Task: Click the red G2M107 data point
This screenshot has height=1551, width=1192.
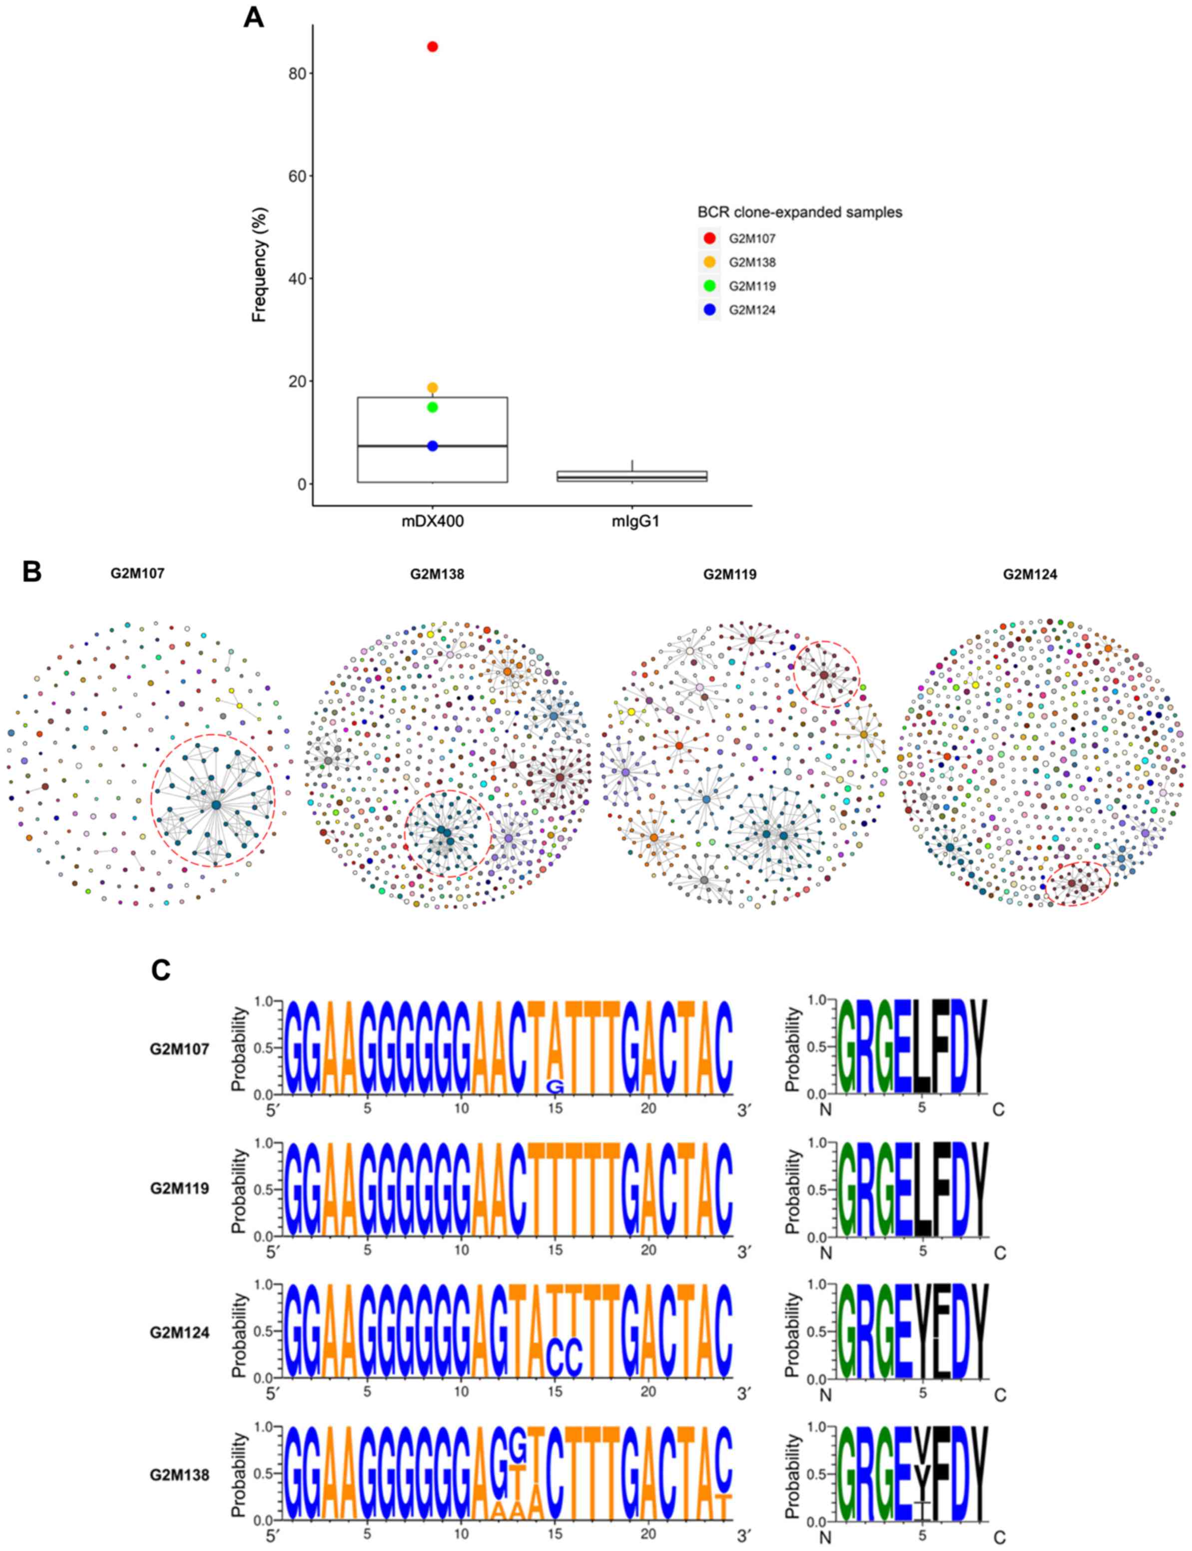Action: tap(432, 47)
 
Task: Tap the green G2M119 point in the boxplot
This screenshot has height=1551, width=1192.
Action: tap(432, 407)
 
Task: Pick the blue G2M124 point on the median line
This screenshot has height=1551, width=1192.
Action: tap(432, 446)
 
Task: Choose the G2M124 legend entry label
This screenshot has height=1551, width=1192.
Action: tap(752, 310)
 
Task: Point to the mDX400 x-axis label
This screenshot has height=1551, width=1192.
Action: tap(433, 522)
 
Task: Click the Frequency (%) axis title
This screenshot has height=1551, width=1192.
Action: tap(260, 265)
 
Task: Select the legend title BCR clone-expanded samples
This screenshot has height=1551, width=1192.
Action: tap(800, 213)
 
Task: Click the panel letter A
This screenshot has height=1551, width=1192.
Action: tap(253, 17)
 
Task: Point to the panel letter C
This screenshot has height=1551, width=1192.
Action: tap(161, 970)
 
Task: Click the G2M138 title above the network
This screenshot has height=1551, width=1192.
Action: tap(437, 574)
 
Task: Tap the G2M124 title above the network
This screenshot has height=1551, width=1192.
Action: tap(1030, 574)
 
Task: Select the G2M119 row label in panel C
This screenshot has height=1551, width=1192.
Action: tap(179, 1188)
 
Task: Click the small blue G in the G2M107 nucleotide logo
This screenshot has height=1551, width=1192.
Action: tap(555, 1087)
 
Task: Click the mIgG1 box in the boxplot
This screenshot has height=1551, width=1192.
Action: tap(631, 476)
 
